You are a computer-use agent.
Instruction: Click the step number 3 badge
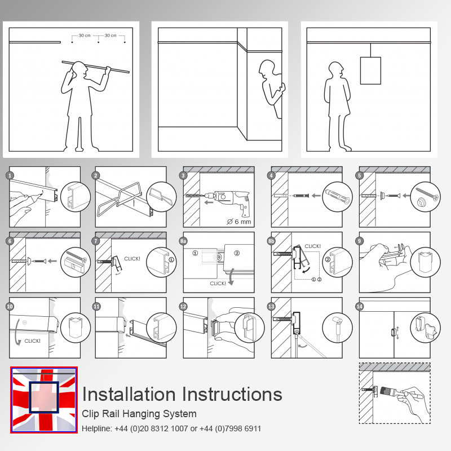(x=183, y=175)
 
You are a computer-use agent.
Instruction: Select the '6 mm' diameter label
(x=239, y=222)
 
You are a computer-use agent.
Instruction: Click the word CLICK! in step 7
(x=132, y=259)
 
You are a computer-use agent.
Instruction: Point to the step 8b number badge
(x=271, y=241)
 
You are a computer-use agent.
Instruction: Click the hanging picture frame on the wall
(x=370, y=70)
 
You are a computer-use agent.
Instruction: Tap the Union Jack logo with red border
(x=44, y=400)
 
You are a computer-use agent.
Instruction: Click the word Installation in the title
(x=129, y=394)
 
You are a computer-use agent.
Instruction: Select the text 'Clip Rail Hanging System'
(x=139, y=414)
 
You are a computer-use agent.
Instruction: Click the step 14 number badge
(x=359, y=307)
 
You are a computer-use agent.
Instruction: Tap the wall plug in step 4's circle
(x=338, y=196)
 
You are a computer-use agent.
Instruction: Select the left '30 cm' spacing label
(x=85, y=36)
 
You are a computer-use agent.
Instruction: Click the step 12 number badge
(x=183, y=307)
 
